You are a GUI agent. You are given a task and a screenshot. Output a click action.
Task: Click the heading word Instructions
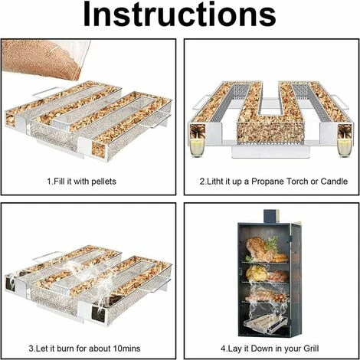(x=179, y=15)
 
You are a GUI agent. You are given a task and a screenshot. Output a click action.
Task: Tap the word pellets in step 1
(x=103, y=182)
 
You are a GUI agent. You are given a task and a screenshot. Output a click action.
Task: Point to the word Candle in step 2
(x=334, y=182)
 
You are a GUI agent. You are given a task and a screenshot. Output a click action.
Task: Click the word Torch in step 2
(x=297, y=182)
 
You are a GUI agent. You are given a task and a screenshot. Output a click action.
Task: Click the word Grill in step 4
(x=310, y=349)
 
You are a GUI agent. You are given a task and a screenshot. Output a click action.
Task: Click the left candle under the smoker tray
(x=198, y=147)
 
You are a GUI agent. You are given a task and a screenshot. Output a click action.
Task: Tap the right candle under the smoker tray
(x=345, y=147)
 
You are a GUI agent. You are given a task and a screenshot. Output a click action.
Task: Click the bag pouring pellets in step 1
(x=46, y=59)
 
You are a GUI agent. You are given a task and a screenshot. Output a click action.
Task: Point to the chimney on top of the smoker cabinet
(x=271, y=216)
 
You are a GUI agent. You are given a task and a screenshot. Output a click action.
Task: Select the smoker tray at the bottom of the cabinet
(x=266, y=324)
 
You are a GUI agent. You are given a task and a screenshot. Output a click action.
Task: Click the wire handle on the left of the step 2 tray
(x=200, y=103)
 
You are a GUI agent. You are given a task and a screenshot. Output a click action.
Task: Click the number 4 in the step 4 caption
(x=223, y=349)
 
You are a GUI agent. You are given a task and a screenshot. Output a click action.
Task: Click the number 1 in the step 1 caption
(x=49, y=182)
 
